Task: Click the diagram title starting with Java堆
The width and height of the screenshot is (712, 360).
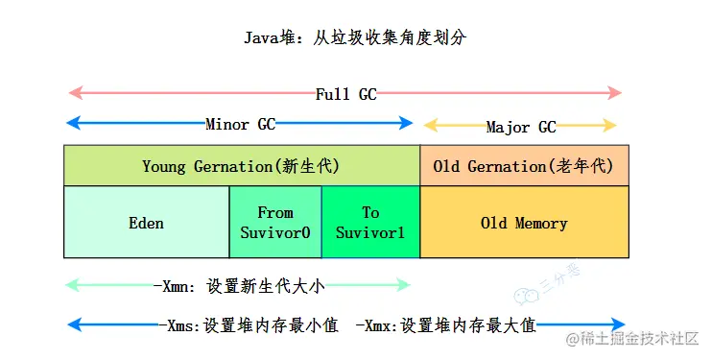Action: coord(356,38)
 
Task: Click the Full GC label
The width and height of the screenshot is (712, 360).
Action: coord(345,94)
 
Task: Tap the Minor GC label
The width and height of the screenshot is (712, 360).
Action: coord(240,124)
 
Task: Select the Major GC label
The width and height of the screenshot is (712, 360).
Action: coord(520,127)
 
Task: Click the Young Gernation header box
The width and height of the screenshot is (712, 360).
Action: coord(241,166)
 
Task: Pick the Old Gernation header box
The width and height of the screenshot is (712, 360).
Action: coord(523,166)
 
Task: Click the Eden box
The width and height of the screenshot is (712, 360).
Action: coord(146,223)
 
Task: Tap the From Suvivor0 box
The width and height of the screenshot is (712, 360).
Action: coord(275,222)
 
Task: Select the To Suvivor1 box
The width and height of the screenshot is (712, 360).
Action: coord(370,222)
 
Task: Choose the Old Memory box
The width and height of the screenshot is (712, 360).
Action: coord(524,223)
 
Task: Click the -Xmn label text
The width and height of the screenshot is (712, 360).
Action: coord(246,285)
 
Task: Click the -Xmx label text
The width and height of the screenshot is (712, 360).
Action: coord(445,325)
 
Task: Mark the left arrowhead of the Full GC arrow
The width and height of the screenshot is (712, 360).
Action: coord(73,93)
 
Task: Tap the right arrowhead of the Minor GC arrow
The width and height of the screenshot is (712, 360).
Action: coord(407,123)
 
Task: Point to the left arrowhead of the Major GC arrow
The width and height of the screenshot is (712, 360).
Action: coord(430,125)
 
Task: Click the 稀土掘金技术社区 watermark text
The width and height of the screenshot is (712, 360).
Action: coord(638,339)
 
